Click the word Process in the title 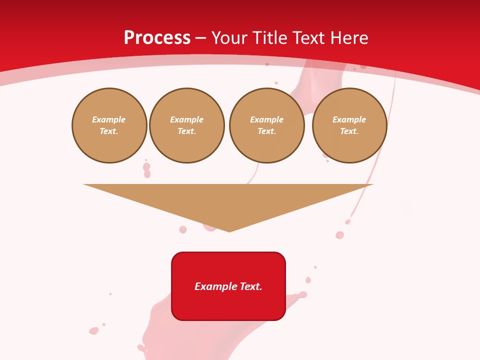tap(157, 38)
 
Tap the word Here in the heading tap(348, 38)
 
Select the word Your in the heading tap(230, 38)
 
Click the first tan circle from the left tap(109, 125)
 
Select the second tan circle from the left tap(187, 125)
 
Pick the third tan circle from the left tap(267, 125)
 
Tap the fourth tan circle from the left tap(349, 125)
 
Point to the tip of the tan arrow tap(229, 231)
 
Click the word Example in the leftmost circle tap(109, 119)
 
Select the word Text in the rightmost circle tap(349, 131)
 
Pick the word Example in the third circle tap(267, 119)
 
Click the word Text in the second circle tap(186, 131)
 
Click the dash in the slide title tap(200, 38)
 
